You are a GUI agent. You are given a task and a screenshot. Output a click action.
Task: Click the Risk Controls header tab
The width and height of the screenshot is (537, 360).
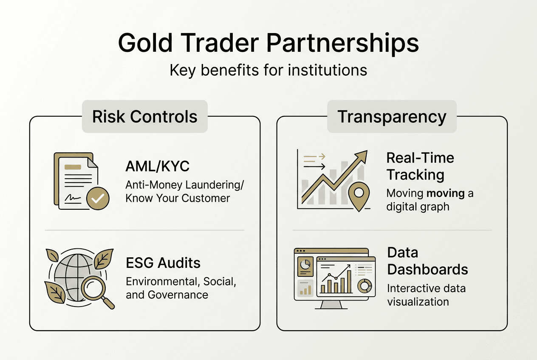[x=145, y=117]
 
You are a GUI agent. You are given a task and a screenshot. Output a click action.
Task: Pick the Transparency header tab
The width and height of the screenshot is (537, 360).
[x=392, y=117]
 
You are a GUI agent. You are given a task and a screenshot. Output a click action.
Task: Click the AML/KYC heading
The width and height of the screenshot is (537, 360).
[x=158, y=166]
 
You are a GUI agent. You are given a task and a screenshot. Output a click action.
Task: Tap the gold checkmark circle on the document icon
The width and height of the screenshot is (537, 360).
[x=98, y=198]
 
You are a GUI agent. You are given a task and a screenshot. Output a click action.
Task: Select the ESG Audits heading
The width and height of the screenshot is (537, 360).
[x=163, y=263]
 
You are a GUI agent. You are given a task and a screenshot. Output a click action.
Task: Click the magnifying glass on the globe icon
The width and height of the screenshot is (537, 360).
[x=94, y=288]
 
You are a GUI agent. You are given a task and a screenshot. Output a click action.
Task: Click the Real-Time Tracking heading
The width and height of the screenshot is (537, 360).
[x=420, y=166]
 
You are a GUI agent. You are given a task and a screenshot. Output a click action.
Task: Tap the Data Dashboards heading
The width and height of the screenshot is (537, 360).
[x=427, y=261]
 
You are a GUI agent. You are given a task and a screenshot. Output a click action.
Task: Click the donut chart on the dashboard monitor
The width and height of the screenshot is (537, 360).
[x=364, y=286]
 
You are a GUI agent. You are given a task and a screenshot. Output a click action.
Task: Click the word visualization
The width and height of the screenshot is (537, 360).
[x=418, y=301]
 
